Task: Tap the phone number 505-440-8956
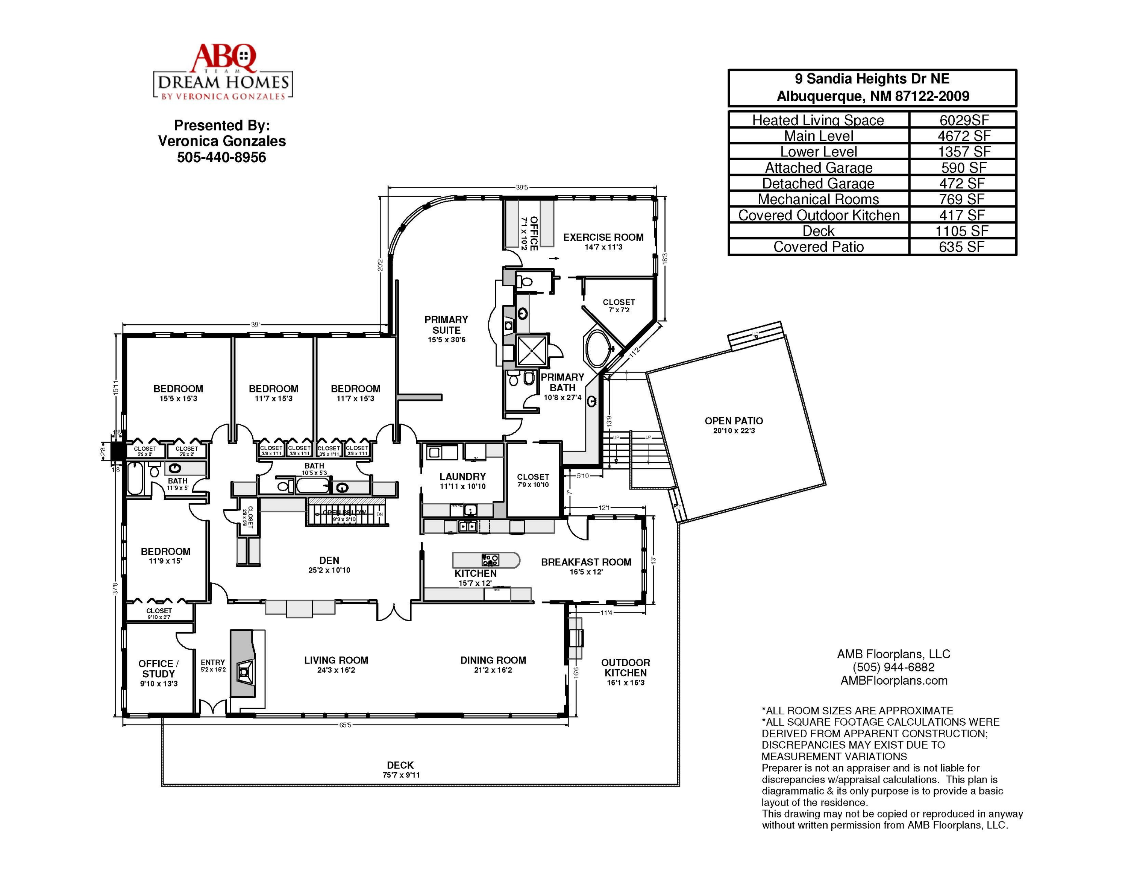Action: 221,157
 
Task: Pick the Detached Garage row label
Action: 818,183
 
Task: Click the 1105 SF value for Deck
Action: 962,231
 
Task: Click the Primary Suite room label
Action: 446,325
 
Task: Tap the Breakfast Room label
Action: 586,562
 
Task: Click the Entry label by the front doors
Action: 213,662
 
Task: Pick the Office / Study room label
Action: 159,669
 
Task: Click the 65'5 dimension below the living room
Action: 345,725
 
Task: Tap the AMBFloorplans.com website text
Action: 893,681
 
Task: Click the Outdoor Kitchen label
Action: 625,668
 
